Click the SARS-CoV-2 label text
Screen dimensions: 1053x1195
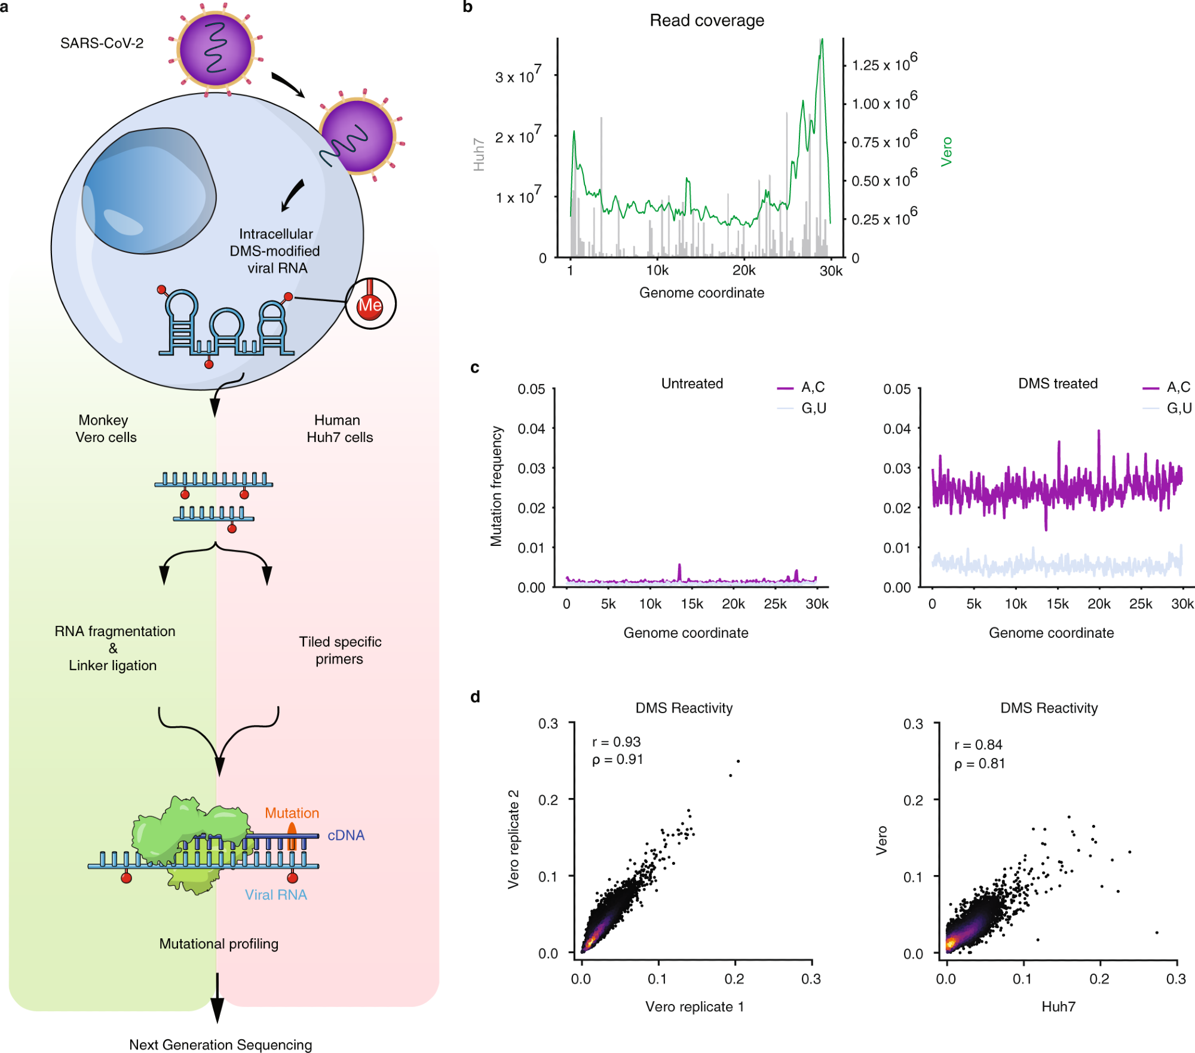102,44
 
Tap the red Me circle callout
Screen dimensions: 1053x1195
370,305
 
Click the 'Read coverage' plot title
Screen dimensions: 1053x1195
706,21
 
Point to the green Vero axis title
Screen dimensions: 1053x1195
946,152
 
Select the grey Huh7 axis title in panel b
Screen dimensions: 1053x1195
479,155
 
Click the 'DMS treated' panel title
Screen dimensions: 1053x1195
1058,383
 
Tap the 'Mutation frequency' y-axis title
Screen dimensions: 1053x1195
497,486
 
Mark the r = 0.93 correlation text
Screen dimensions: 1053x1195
616,742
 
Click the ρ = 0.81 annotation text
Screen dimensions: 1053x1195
979,764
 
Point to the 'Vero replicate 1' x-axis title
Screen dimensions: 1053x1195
694,1006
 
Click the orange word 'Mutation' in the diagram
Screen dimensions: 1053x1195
292,813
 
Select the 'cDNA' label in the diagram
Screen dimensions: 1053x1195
345,836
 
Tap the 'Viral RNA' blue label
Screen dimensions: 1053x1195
275,895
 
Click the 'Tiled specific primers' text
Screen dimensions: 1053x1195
340,650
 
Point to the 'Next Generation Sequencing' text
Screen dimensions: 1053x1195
220,1045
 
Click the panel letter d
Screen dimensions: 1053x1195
475,697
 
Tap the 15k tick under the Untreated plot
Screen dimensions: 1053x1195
691,604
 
